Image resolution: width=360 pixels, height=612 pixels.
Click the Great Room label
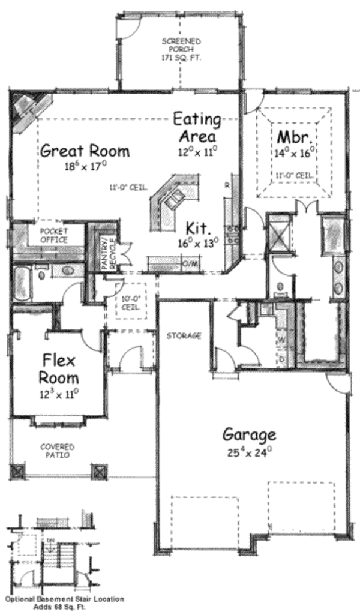click(85, 151)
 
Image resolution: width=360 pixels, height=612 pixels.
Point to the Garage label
click(250, 434)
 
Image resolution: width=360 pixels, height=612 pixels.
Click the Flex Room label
click(59, 369)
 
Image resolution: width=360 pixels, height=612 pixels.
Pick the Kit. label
click(197, 229)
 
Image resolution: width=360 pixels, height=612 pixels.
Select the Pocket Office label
click(53, 235)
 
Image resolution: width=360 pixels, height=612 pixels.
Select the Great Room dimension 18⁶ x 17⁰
click(85, 167)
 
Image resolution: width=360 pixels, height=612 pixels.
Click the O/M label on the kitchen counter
click(190, 263)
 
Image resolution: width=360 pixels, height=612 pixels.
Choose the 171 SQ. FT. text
click(181, 58)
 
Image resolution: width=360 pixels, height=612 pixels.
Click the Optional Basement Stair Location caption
click(65, 599)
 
